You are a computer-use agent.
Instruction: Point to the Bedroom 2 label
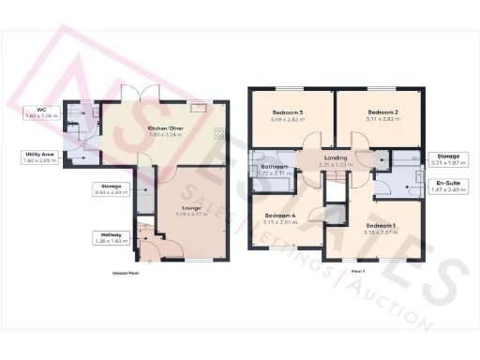tap(382, 113)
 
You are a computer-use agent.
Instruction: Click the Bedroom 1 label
tap(380, 227)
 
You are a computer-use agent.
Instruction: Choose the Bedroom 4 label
tap(279, 217)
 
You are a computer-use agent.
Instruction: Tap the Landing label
tap(335, 158)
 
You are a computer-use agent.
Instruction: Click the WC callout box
tap(41, 112)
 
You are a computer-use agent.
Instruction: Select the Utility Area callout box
tap(40, 157)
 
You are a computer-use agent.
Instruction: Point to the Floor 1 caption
tap(357, 271)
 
